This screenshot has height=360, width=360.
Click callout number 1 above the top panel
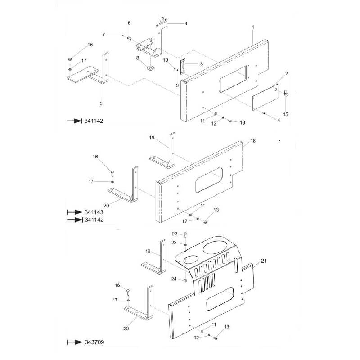click(253, 28)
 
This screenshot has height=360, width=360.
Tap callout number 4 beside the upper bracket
click(186, 23)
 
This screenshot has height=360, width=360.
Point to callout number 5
click(101, 103)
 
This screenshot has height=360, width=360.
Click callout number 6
click(129, 23)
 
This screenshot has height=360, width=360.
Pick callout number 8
click(138, 58)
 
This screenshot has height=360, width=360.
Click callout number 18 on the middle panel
click(252, 141)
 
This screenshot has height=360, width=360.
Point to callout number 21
click(264, 261)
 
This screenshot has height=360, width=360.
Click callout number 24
click(173, 279)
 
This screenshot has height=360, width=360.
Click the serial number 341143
click(93, 212)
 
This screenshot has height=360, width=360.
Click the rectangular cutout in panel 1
click(233, 79)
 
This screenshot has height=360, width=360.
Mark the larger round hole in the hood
click(215, 247)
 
